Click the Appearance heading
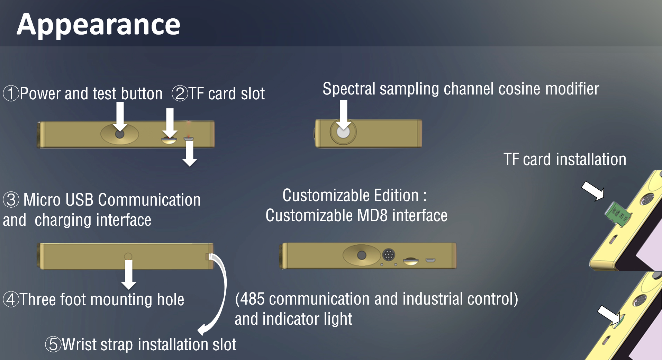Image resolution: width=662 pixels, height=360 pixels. coord(99,25)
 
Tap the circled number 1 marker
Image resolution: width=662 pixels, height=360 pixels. coord(11,93)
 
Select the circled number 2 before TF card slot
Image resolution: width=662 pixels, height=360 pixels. coord(180,93)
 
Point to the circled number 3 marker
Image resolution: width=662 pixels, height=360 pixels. coord(11,200)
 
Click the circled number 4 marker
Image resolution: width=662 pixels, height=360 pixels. coord(11,299)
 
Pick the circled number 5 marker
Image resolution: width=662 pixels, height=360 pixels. coord(53,344)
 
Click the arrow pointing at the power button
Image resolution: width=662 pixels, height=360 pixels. coord(120,117)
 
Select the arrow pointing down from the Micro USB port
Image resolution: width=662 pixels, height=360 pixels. coord(190,153)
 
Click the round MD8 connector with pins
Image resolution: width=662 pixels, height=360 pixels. coord(389,255)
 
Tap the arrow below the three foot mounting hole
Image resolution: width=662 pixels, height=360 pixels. coord(129,275)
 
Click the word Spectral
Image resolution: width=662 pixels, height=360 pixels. coord(349,89)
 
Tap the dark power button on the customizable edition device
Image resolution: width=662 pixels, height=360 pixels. coord(362,255)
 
